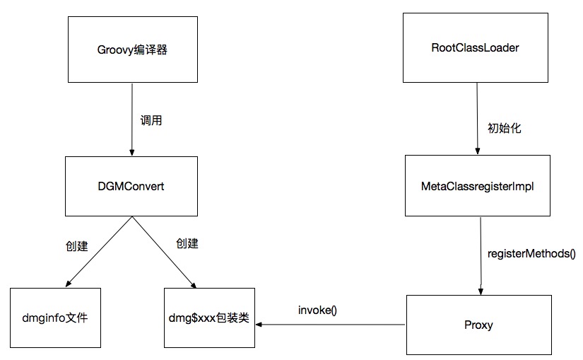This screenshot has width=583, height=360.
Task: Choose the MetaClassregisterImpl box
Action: [478, 186]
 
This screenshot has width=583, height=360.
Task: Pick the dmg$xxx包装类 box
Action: [208, 318]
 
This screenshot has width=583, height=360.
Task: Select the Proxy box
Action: [478, 325]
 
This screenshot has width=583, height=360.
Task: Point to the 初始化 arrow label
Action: [504, 128]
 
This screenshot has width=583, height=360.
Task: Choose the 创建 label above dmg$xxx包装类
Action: [187, 243]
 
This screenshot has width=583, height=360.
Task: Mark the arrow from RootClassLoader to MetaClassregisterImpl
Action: [477, 120]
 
